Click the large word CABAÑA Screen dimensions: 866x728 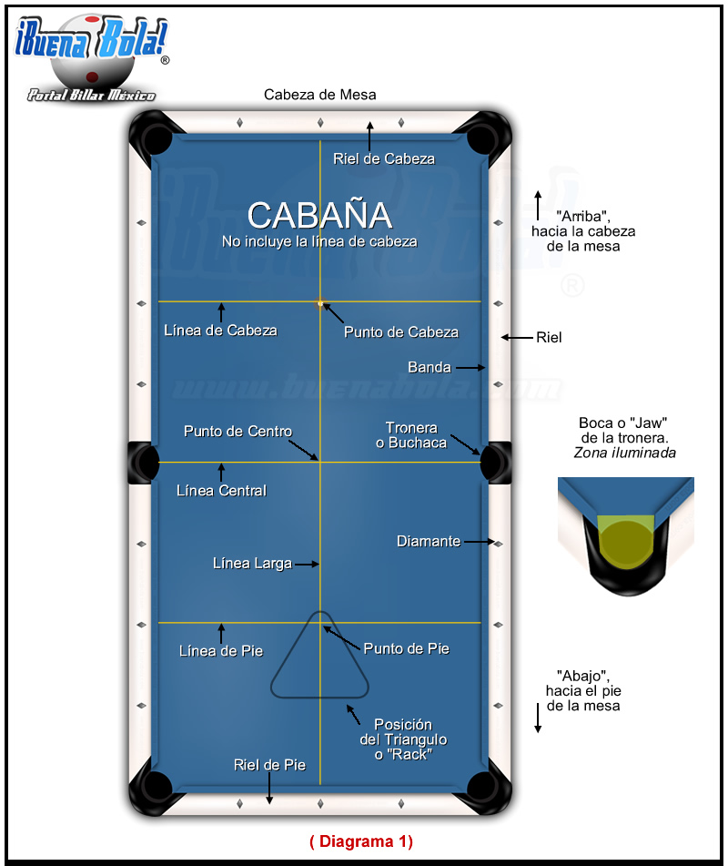coord(319,215)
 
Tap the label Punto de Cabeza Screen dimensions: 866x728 coord(400,332)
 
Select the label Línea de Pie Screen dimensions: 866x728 coord(220,651)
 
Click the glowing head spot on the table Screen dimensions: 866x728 coord(320,301)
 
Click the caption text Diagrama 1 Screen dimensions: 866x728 coord(361,841)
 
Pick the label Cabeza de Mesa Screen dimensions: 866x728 coord(319,95)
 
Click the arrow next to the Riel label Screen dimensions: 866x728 coord(516,338)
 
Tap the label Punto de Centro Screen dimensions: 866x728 coord(238,431)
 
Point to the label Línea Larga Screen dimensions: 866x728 coord(252,564)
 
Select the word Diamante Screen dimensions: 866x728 coord(428,542)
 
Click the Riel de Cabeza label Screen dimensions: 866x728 coord(383,158)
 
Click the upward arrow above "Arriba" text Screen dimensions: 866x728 coord(538,199)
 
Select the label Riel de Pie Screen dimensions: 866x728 coord(269,765)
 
